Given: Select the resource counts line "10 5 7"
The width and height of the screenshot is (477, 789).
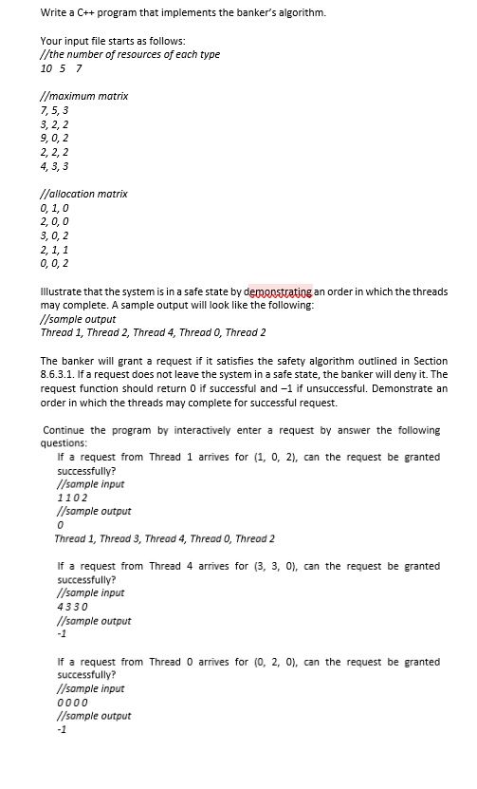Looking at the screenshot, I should click(x=61, y=68).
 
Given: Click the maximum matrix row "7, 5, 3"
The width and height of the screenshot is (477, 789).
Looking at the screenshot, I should click(x=54, y=111).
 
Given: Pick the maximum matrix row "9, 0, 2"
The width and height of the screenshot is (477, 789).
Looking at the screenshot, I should click(x=54, y=139).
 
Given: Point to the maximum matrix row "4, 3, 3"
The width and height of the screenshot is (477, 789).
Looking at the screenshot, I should click(x=54, y=166).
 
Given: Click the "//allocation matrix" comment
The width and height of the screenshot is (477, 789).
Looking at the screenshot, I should click(x=84, y=194).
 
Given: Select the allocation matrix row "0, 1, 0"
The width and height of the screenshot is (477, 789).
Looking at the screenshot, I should click(x=54, y=208).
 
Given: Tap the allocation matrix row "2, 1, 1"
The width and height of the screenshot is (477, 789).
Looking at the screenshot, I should click(x=54, y=250).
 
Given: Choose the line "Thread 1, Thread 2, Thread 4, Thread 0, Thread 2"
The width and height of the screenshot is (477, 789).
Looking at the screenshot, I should click(x=153, y=332).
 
